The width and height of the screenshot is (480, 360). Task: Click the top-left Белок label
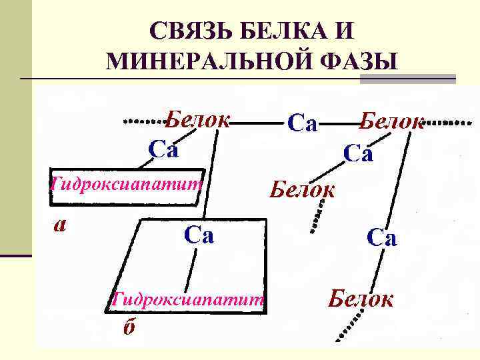197,120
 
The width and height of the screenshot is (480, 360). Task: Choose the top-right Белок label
392,122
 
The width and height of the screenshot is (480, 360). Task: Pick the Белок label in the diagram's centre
302,190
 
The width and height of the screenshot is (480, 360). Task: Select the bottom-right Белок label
361,299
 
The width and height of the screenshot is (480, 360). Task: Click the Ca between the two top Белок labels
302,123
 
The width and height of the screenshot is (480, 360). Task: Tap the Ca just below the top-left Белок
163,149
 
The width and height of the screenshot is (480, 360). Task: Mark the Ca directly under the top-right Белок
358,154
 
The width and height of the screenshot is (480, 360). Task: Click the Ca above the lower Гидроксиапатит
199,235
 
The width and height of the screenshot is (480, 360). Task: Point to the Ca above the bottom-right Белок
381,238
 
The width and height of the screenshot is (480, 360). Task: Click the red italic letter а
60,225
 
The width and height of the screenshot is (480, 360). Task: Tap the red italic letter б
126,328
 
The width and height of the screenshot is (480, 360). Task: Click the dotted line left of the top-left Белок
145,121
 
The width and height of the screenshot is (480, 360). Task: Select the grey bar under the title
407,79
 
